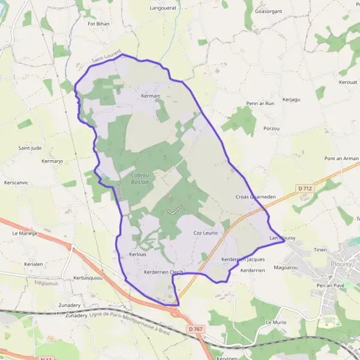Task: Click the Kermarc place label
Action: (152, 96)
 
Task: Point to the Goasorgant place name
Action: (268, 11)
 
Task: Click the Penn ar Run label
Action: (260, 103)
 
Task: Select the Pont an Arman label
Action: (341, 158)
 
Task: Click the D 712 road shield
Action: (305, 188)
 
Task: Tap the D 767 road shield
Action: (194, 329)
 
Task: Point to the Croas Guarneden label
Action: (256, 196)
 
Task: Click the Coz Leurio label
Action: (205, 232)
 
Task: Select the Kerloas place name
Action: (137, 254)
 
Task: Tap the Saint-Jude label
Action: (29, 148)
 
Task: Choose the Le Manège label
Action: (25, 233)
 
